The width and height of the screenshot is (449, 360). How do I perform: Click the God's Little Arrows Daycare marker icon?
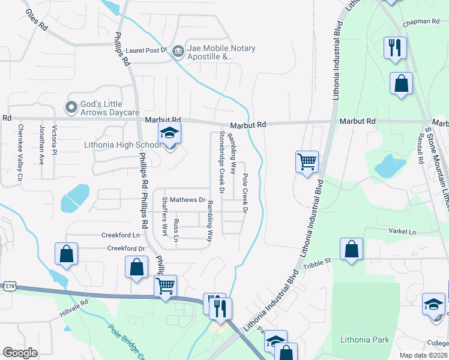(x=71, y=108)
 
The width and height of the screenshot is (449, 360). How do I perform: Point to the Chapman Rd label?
(x=421, y=22)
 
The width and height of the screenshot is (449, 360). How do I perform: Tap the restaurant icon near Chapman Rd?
(x=395, y=48)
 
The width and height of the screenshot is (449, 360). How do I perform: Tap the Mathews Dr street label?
(x=187, y=199)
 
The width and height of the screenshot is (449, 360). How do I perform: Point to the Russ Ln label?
(x=176, y=230)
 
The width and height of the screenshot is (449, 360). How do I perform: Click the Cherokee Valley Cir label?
(x=20, y=152)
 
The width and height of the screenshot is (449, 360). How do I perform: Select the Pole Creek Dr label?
(x=245, y=193)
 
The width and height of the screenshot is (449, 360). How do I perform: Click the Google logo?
(x=20, y=353)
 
